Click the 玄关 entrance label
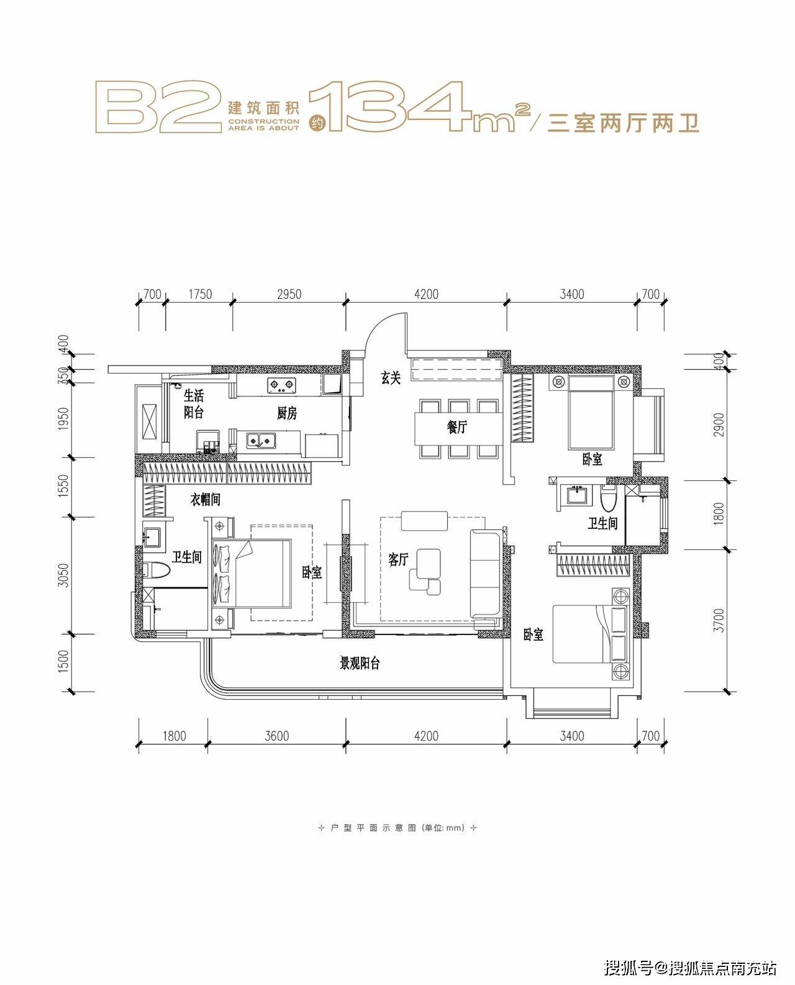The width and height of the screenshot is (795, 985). (x=391, y=378)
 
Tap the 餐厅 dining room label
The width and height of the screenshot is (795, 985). (x=457, y=427)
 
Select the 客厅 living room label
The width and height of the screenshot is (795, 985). (x=398, y=560)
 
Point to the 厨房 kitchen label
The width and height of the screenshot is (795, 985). (x=287, y=413)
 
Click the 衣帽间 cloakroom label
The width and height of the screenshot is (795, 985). (x=205, y=500)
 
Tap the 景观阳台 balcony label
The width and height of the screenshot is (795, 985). (x=360, y=664)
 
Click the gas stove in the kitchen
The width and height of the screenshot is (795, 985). (x=281, y=384)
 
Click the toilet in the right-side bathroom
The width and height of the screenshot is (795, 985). (x=608, y=498)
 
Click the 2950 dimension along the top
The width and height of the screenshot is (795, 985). (x=289, y=294)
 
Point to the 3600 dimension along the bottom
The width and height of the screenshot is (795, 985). (x=276, y=736)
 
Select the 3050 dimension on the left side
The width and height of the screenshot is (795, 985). (x=63, y=575)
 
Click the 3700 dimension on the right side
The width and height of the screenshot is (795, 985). (x=719, y=621)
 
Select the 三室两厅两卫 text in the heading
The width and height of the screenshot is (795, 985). (x=623, y=122)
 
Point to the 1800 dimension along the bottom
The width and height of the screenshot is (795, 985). (x=175, y=736)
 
